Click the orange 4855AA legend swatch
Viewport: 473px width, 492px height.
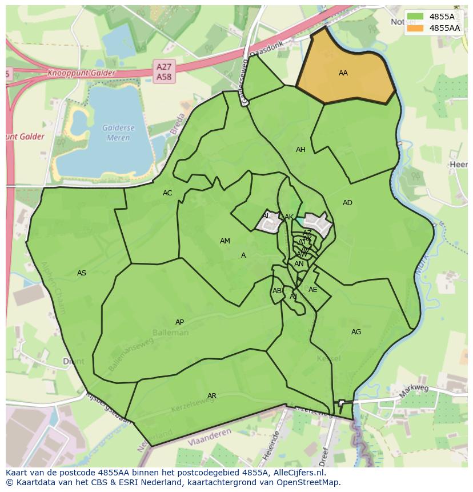(416, 28)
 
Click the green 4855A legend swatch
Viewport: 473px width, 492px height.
(416, 17)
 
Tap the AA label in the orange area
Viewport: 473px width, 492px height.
(343, 73)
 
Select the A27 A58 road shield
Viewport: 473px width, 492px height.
(164, 71)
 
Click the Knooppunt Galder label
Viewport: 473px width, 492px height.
(81, 73)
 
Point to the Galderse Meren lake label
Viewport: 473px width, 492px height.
(117, 133)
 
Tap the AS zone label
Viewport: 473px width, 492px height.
(82, 273)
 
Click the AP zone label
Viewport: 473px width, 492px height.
(179, 322)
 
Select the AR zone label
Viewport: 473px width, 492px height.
(212, 396)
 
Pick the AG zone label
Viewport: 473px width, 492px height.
(356, 332)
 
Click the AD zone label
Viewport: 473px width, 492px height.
(347, 203)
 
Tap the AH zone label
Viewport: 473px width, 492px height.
(300, 150)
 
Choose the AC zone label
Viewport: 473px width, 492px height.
(167, 193)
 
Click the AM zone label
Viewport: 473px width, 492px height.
(225, 241)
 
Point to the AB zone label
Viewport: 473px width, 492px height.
(277, 291)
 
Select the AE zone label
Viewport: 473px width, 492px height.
(312, 290)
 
